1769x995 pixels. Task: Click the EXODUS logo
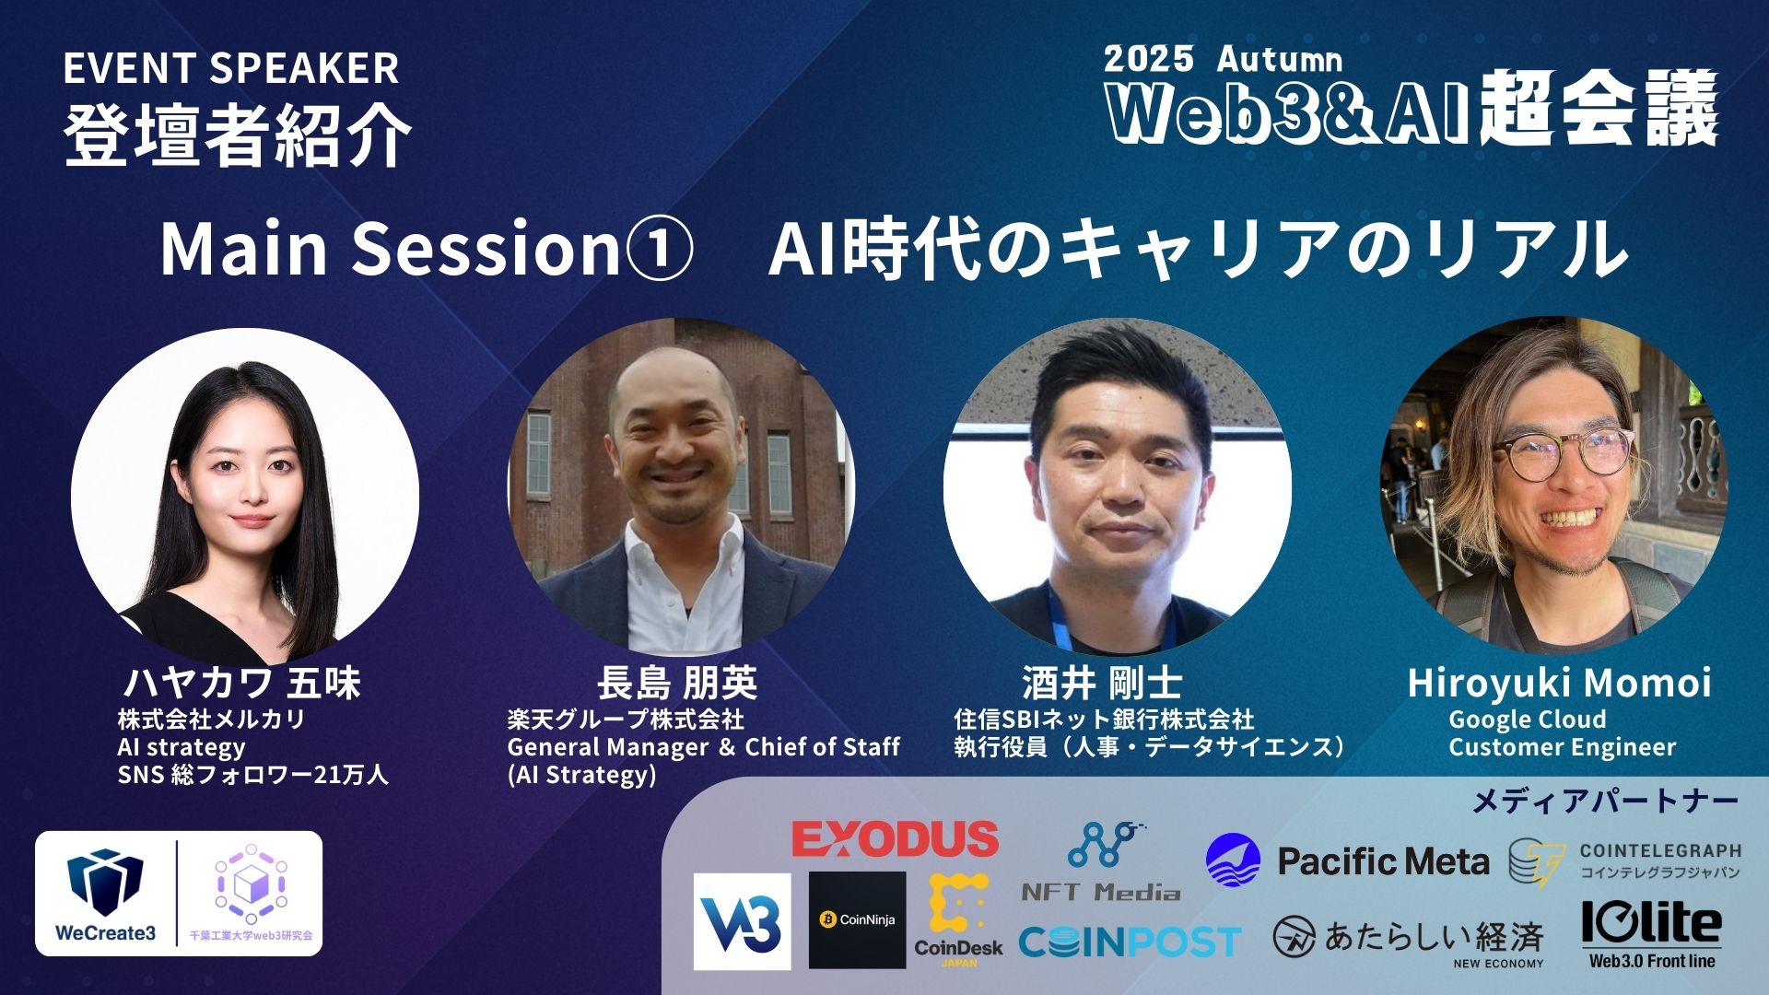click(x=895, y=838)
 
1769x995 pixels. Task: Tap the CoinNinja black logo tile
click(x=857, y=919)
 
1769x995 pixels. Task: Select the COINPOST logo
click(x=1130, y=942)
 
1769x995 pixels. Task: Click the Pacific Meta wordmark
click(x=1382, y=861)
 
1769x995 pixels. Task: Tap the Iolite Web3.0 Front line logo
click(x=1651, y=933)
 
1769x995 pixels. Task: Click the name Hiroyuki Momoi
click(x=1559, y=684)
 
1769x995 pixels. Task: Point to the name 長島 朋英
click(x=677, y=684)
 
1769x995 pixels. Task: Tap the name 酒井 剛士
click(x=1102, y=684)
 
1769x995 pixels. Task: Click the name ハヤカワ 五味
click(x=241, y=684)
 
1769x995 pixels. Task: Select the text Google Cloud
click(x=1527, y=720)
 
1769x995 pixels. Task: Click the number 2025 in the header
click(x=1148, y=59)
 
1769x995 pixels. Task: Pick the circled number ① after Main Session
click(x=658, y=249)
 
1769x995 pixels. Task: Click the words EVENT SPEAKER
click(x=230, y=69)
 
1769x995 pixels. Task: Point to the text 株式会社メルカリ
click(x=211, y=720)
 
